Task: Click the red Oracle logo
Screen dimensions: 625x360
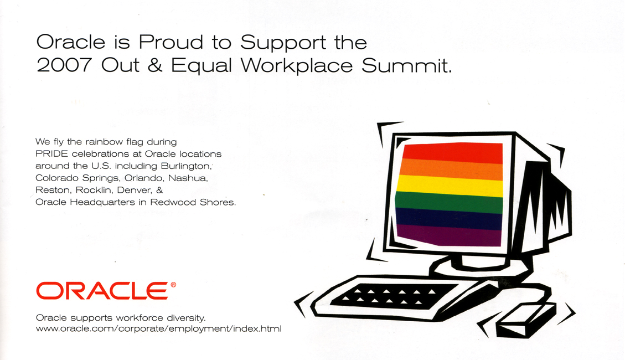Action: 102,291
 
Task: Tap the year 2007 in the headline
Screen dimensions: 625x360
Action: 64,65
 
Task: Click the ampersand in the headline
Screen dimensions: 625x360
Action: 155,65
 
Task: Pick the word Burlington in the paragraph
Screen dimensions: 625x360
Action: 185,166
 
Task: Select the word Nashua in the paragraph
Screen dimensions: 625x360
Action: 187,178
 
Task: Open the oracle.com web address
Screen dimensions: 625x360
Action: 159,329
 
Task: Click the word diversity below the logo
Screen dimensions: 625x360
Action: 185,318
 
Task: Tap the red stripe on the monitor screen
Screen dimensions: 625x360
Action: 452,152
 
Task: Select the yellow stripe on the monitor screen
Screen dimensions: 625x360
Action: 450,186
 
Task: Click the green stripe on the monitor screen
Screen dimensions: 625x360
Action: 449,203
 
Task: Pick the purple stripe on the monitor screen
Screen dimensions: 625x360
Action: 449,235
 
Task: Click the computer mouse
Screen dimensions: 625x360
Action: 525,319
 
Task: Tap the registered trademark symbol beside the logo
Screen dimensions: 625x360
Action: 173,285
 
